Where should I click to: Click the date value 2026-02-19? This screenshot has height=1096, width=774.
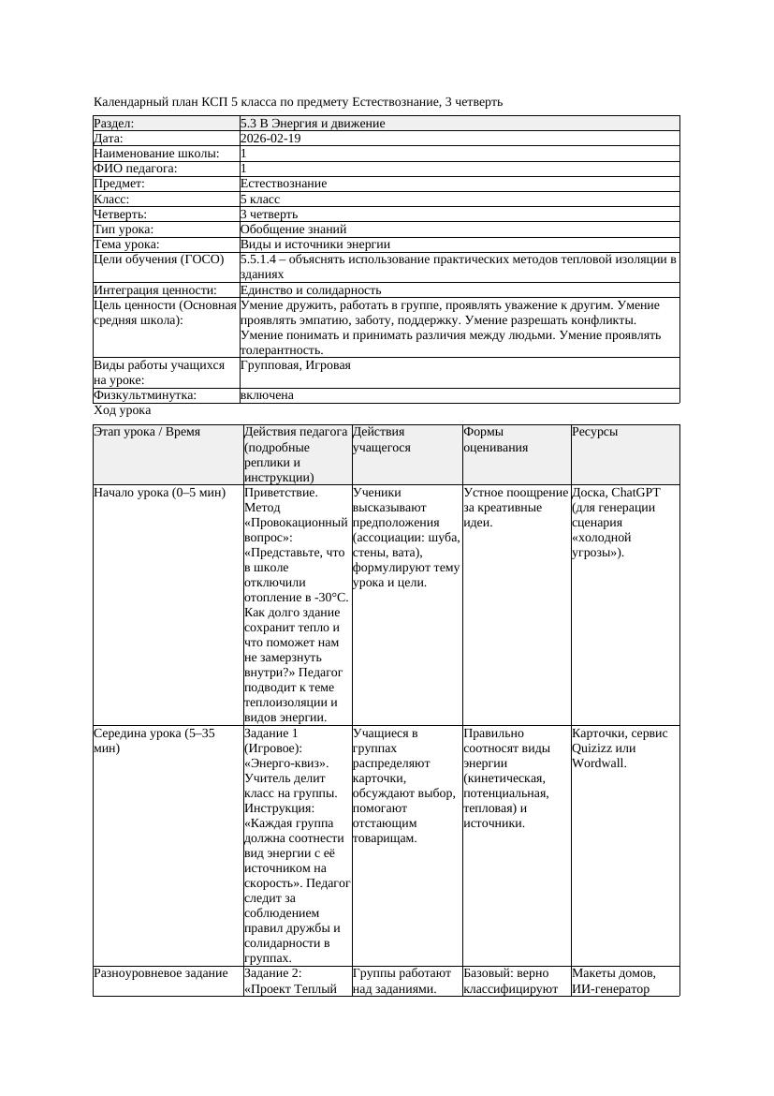coord(270,139)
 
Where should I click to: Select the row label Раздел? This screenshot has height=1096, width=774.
coord(114,124)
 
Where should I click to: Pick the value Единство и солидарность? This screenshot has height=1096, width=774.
coord(311,290)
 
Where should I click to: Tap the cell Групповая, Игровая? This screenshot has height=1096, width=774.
coord(296,365)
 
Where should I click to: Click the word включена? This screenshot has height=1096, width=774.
coord(267,395)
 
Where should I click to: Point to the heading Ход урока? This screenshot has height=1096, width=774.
coord(123,410)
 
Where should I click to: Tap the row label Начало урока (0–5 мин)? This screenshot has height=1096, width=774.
coord(153,492)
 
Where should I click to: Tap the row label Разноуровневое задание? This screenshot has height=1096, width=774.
coord(161,973)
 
